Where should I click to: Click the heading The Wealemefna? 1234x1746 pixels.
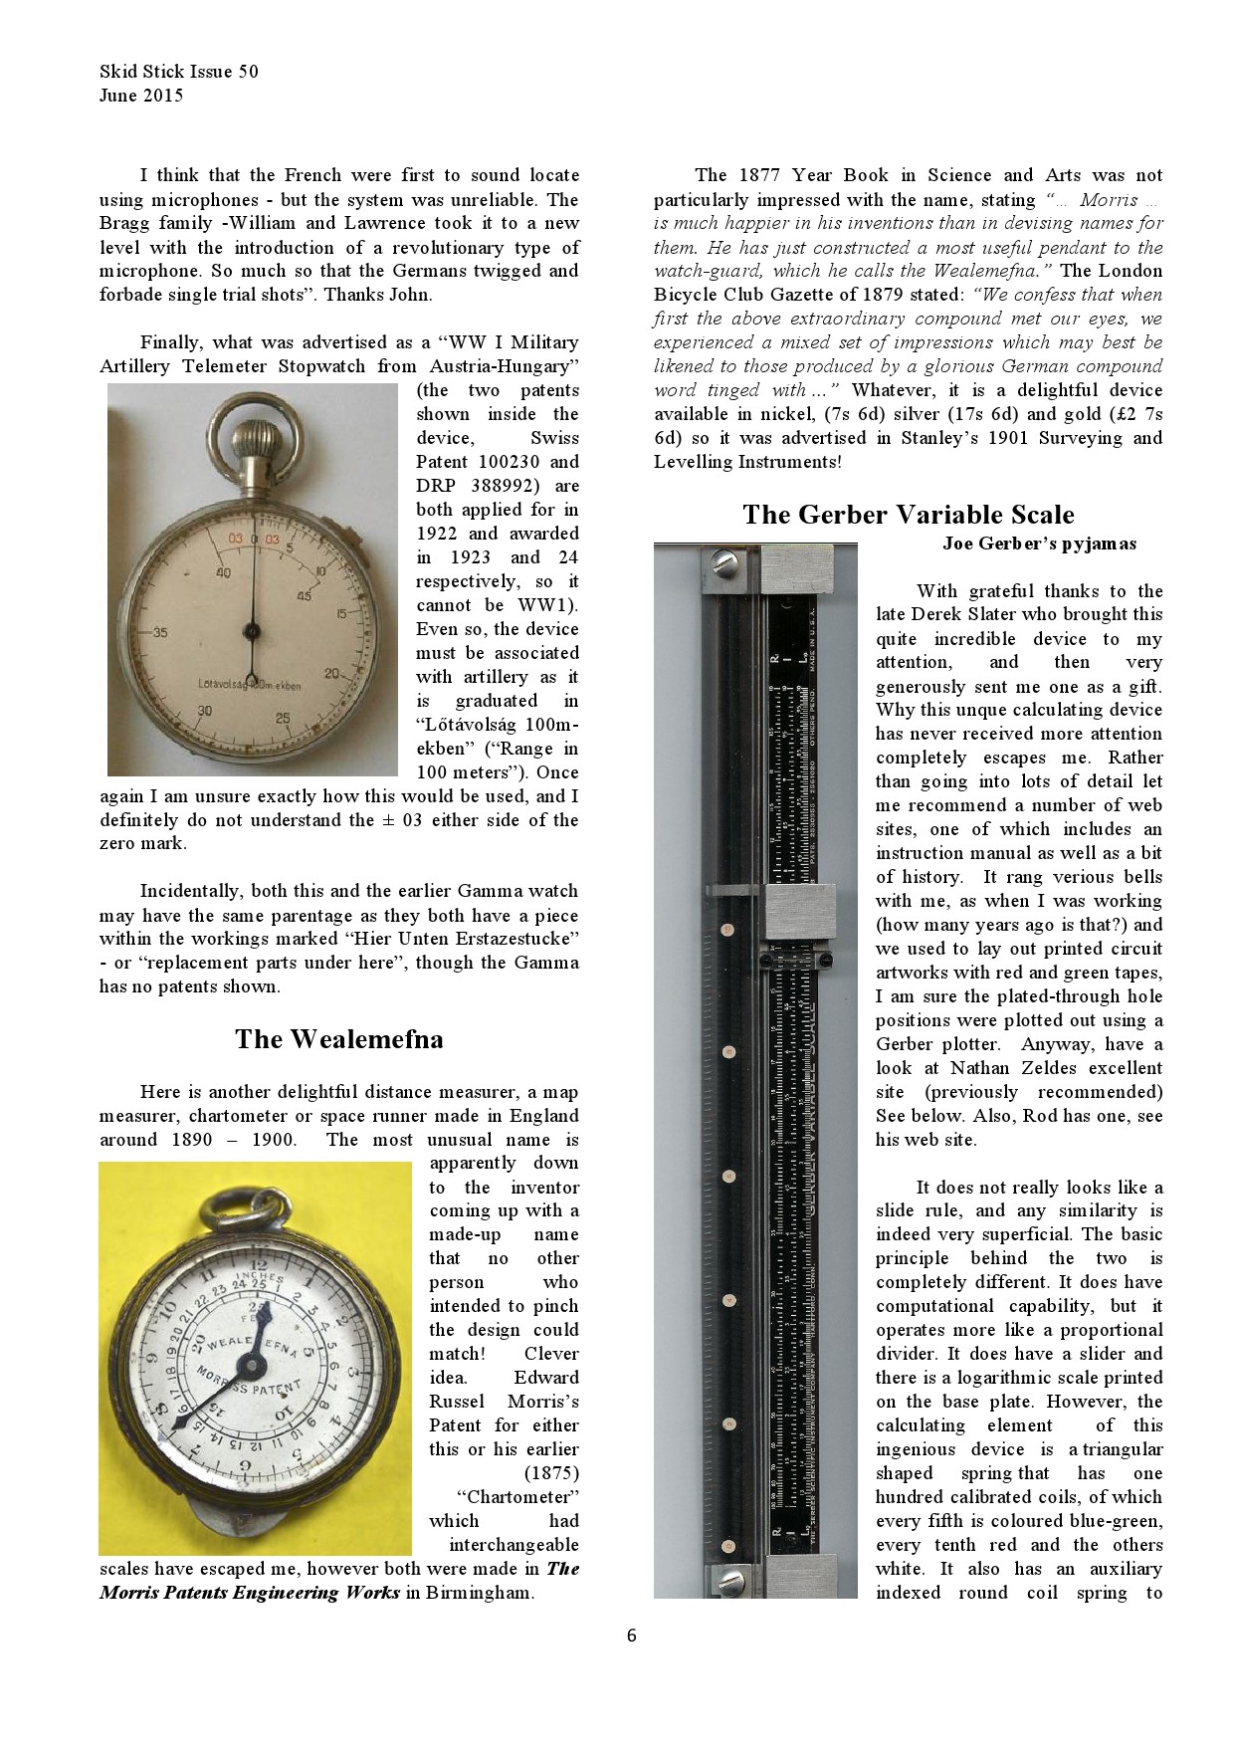pos(338,1039)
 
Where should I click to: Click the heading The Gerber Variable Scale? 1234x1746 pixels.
pos(908,515)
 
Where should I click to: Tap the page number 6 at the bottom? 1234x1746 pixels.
pos(631,1636)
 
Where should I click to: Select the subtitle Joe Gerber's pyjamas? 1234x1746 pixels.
pos(1039,544)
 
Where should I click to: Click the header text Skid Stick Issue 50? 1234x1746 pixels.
pos(179,72)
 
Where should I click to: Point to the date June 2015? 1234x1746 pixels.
pos(141,96)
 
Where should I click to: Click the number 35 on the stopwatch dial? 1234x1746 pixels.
pos(159,632)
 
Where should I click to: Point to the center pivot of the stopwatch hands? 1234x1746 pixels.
pos(252,630)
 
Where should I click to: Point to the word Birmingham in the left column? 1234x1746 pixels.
pos(480,1593)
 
